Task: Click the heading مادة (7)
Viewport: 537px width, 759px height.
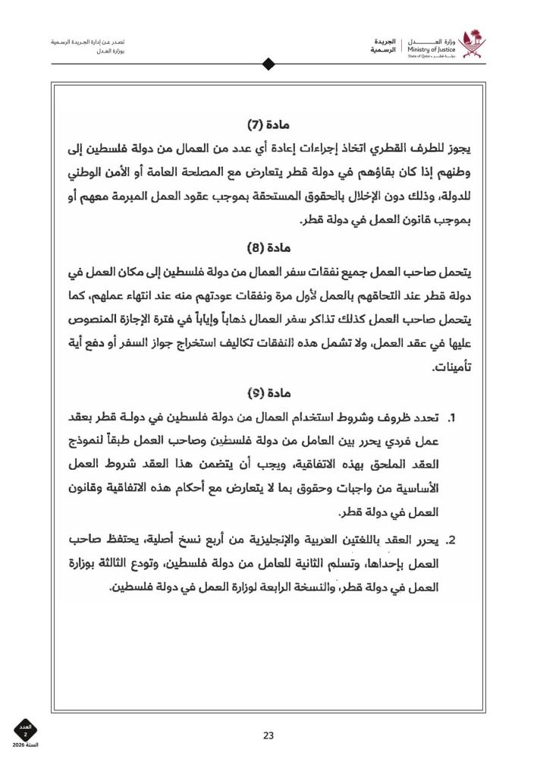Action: [269, 123]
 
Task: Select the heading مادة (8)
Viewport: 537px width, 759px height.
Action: [269, 247]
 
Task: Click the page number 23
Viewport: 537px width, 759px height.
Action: [268, 735]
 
